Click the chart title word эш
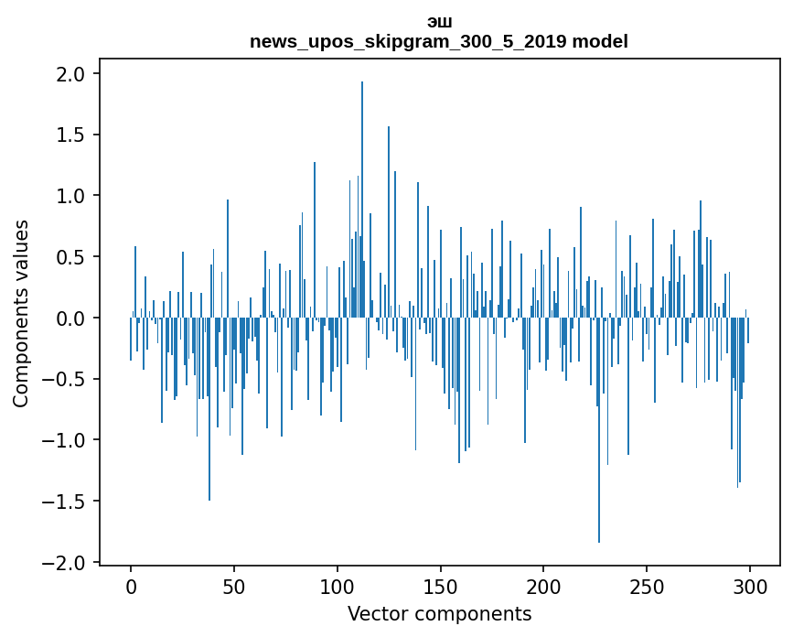(439, 22)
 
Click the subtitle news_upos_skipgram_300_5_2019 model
(439, 41)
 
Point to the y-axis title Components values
(21, 313)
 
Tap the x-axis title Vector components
(439, 613)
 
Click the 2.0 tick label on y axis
(76, 73)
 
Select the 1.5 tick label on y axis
(76, 135)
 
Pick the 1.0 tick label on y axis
(76, 196)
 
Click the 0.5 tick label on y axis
(76, 257)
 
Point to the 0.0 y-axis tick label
(76, 318)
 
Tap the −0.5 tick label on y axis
(70, 379)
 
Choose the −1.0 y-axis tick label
(70, 440)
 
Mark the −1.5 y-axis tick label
(70, 502)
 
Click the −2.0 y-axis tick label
(70, 562)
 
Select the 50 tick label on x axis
(234, 585)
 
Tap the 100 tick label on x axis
(338, 585)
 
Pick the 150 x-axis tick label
(440, 585)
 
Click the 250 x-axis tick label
(647, 585)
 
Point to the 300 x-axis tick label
(750, 585)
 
